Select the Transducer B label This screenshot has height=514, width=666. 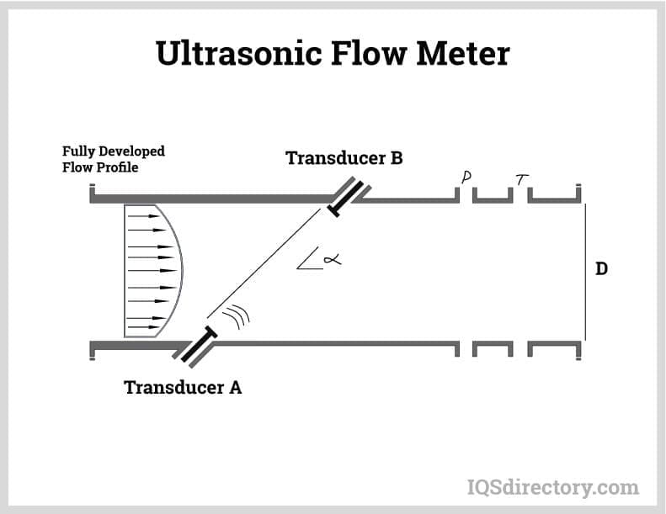344,158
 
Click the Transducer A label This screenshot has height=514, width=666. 183,388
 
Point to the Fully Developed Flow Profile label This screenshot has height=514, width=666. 113,158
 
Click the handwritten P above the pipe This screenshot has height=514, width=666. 466,177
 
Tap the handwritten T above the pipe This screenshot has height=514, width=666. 522,178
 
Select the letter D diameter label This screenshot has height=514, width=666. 601,269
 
